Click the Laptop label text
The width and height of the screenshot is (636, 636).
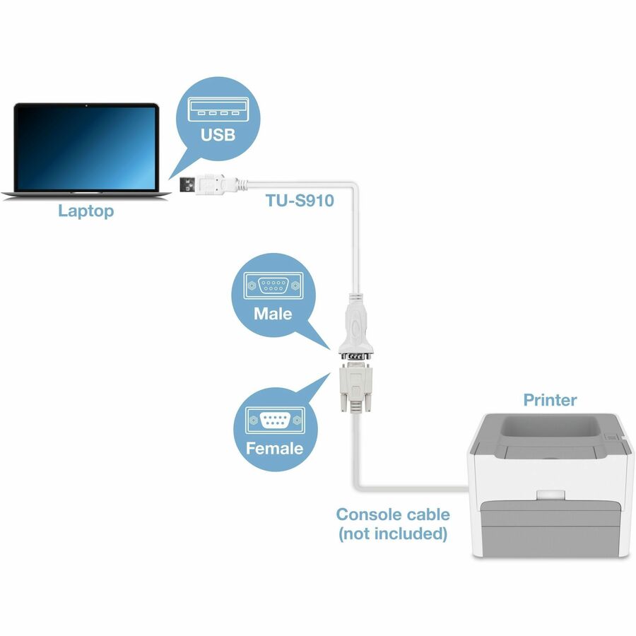86,211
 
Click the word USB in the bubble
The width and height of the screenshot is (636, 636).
218,134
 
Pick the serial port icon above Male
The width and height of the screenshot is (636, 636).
271,286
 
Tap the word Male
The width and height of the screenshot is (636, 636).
273,312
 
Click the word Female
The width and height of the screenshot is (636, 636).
274,448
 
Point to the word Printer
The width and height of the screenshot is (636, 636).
550,400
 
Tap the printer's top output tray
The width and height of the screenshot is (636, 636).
550,428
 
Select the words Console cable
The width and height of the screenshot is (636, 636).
392,514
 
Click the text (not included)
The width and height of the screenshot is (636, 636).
392,534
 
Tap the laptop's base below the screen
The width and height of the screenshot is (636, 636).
86,192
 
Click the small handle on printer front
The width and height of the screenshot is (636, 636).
550,497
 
